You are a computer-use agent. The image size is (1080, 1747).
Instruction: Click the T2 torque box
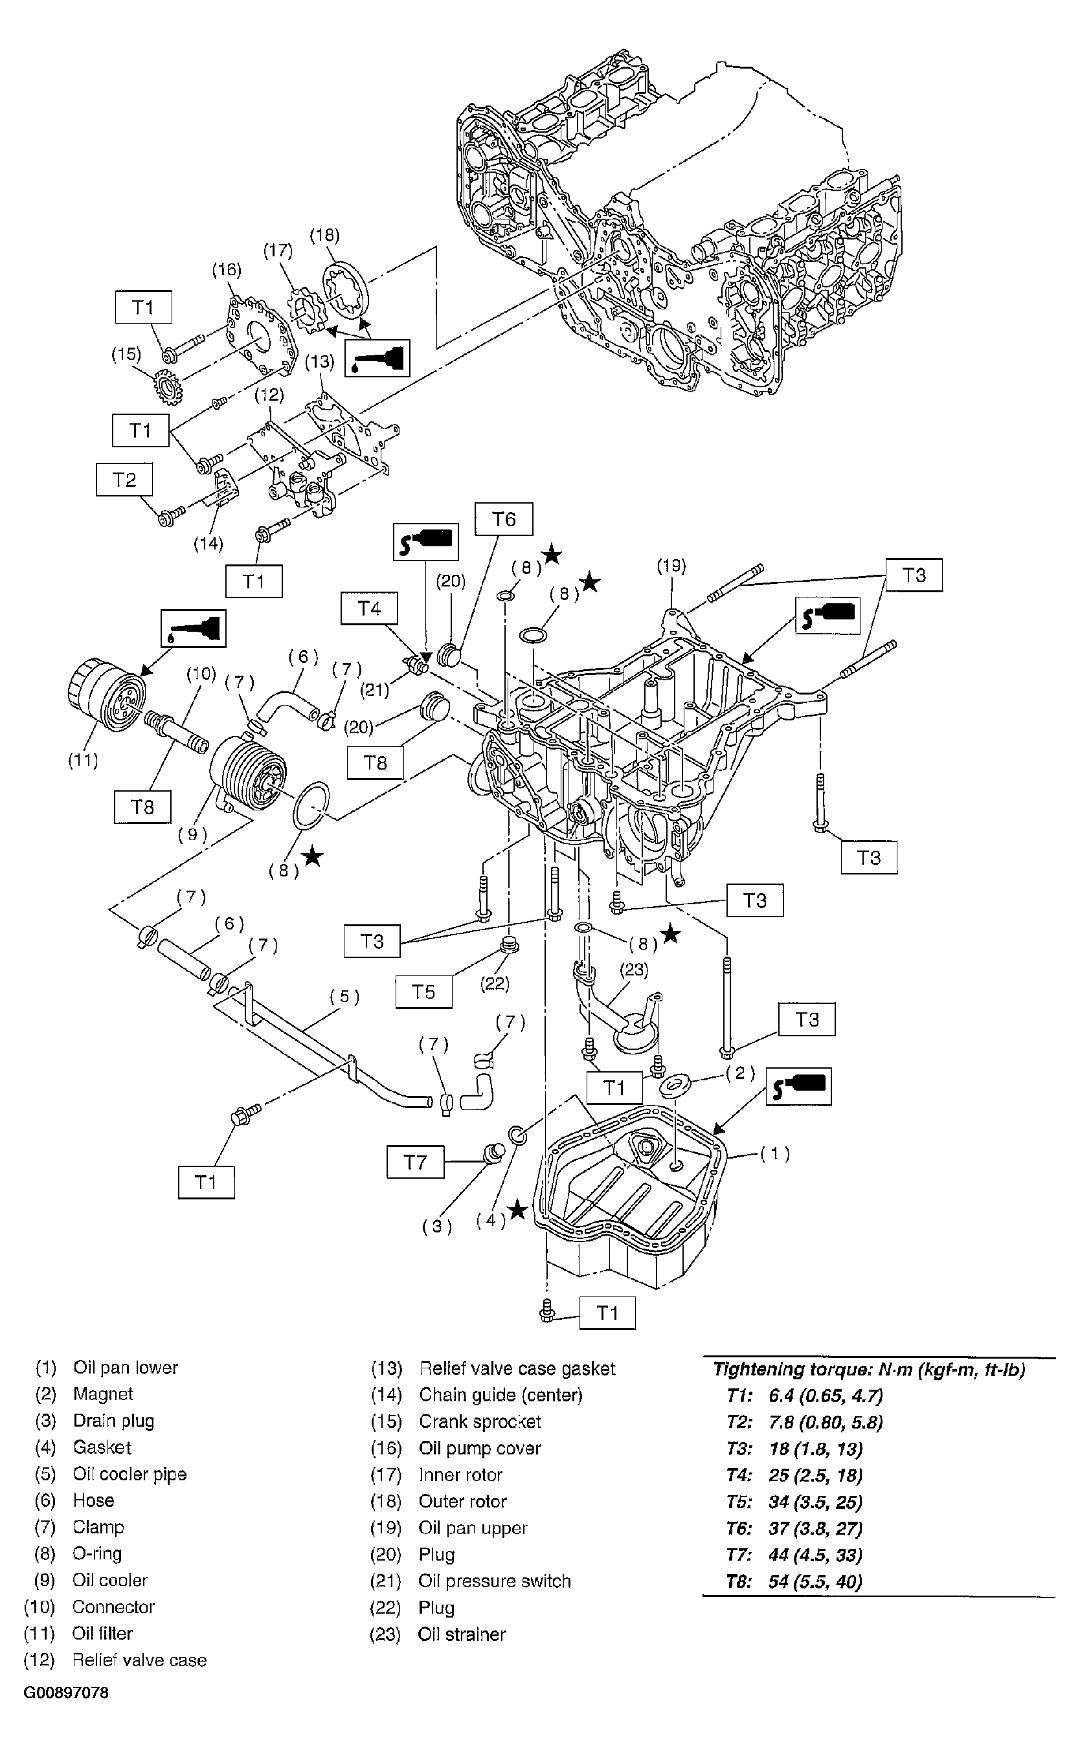point(124,479)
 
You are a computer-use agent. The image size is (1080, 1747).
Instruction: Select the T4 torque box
point(369,608)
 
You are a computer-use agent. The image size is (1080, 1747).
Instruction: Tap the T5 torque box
point(423,992)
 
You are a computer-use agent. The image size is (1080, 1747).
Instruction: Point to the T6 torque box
point(504,519)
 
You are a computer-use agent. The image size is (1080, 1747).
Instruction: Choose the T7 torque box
point(415,1163)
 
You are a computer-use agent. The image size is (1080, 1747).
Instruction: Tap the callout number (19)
point(671,566)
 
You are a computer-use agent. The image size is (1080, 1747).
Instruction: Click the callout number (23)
point(635,970)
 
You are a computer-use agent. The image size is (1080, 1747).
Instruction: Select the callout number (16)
point(227,269)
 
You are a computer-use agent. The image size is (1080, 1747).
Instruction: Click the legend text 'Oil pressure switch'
point(494,1581)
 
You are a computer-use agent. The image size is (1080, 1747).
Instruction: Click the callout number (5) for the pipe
point(344,996)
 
